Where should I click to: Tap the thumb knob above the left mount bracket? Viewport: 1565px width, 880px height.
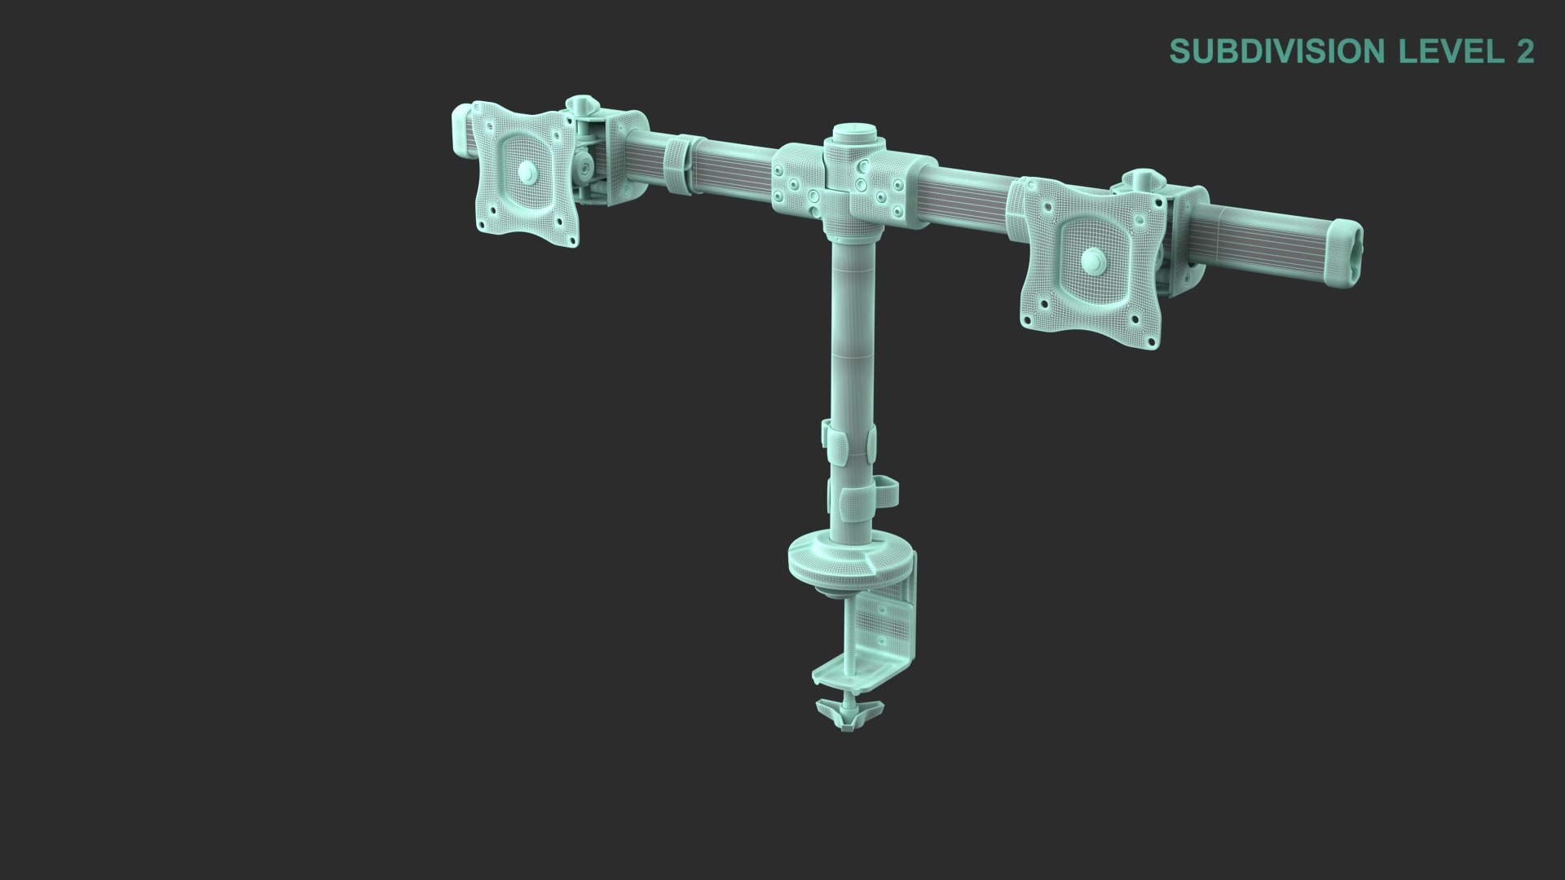[x=582, y=106]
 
